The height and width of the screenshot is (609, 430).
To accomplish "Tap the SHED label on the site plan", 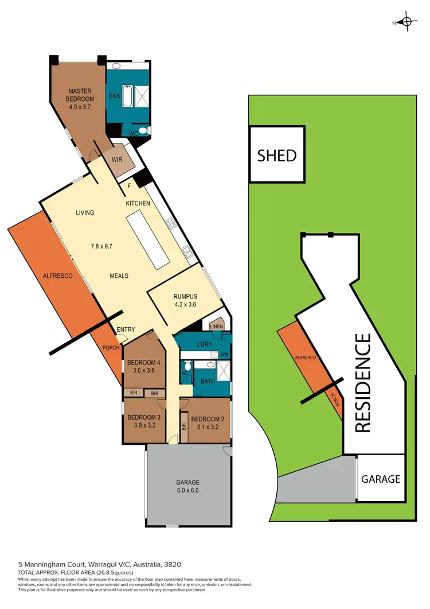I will pos(277,155).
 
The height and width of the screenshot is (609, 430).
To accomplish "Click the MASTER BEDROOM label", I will pos(80,95).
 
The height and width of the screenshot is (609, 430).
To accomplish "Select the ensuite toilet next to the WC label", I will pos(143,131).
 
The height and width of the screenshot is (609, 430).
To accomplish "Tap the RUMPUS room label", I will pos(185,297).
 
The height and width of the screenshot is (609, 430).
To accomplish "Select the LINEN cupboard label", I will pos(217,327).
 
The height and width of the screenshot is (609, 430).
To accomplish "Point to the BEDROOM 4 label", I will pos(144,362).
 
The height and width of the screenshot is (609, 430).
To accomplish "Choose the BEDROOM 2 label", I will pos(208,418).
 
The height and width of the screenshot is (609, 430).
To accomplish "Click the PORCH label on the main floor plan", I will pos(111,348).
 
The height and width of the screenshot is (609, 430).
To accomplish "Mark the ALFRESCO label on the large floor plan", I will pos(57,276).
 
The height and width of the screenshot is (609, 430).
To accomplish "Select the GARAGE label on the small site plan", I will pos(380,479).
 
